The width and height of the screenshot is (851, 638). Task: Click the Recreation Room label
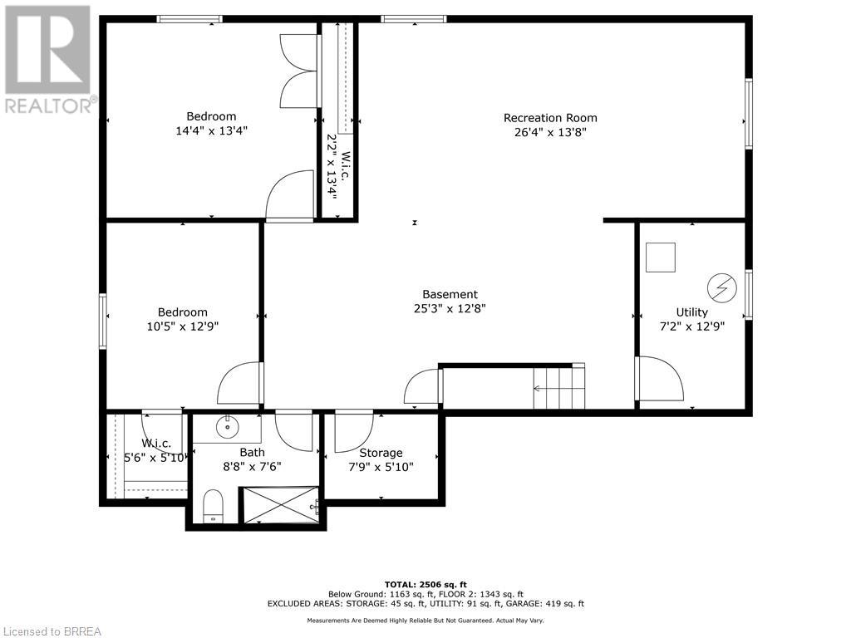550,117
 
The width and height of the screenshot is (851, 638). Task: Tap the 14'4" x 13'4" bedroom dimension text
210,130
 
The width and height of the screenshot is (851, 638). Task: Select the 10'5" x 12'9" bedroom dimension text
183,326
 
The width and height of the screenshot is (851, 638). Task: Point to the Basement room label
450,294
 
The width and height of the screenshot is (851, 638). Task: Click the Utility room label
691,312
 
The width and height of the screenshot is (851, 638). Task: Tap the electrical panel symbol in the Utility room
721,288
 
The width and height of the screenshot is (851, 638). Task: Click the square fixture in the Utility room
661,257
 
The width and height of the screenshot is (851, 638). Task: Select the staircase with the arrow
558,387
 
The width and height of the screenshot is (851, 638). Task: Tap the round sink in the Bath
227,428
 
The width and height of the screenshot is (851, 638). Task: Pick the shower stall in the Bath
280,505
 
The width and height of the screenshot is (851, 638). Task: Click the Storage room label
381,453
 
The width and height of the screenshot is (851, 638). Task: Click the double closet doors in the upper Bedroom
299,71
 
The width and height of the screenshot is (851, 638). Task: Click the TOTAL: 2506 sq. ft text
425,584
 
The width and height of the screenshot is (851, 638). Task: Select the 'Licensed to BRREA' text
52,631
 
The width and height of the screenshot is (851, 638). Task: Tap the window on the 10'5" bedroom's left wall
103,320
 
